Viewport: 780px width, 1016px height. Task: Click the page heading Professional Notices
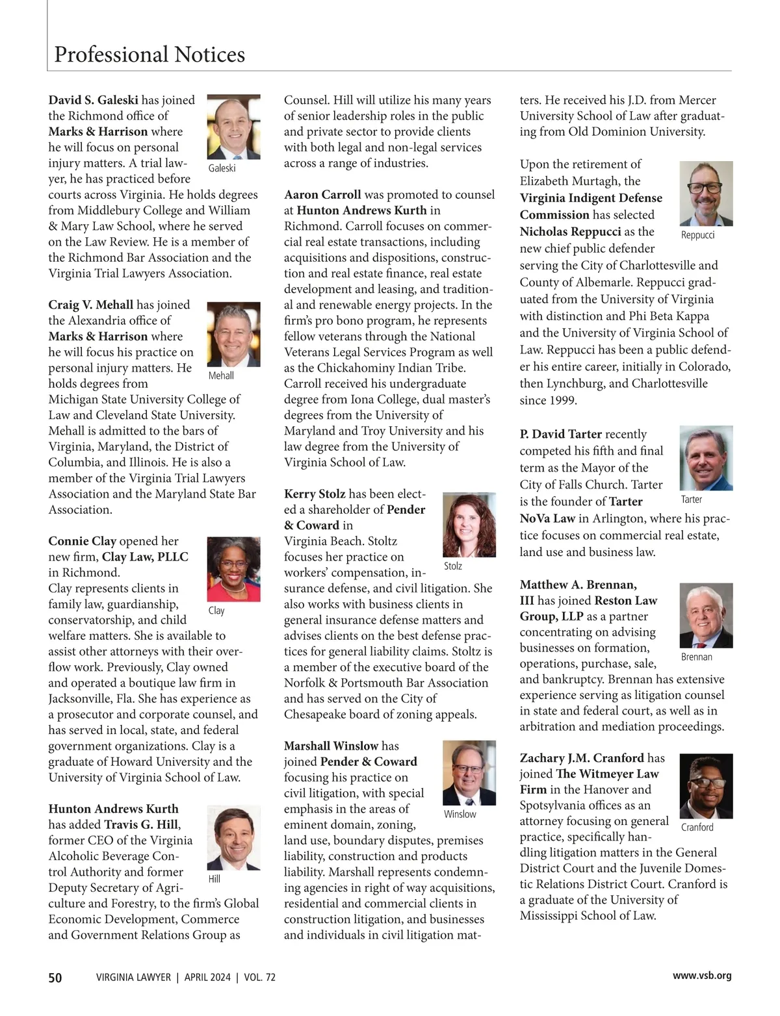149,55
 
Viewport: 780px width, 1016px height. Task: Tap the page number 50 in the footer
55,977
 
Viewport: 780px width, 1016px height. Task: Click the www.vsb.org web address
702,976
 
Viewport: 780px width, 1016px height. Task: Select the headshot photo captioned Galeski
233,127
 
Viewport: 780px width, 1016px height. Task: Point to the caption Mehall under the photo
221,376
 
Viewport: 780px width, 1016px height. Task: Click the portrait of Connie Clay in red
233,569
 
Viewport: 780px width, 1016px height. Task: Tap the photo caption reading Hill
214,879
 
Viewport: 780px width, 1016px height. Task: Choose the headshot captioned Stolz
469,525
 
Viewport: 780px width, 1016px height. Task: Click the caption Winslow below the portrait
460,815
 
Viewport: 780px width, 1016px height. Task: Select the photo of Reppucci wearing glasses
706,194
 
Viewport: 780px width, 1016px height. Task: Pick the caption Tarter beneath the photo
692,500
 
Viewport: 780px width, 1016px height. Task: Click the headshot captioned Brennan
706,615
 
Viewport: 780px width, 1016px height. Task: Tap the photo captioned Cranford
706,786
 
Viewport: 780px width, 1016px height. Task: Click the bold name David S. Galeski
94,100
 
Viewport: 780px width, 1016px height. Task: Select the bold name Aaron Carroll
322,195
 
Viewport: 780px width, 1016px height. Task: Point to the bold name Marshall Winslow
331,746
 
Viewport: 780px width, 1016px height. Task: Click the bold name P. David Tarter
560,434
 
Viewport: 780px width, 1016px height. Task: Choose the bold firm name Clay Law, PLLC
145,557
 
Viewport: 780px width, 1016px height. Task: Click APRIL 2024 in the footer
207,977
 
